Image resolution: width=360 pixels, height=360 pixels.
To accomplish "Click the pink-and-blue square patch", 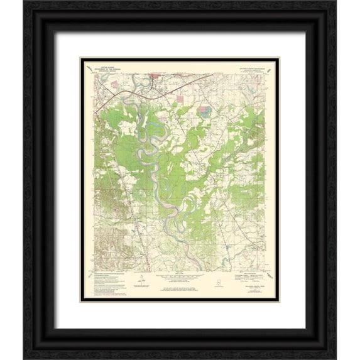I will tap(204, 111).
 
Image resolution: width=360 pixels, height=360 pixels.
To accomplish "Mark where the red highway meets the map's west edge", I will tap(95, 113).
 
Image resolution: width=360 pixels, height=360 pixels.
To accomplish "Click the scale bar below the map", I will tap(179, 275).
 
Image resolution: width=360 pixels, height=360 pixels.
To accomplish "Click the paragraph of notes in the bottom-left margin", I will tap(109, 283).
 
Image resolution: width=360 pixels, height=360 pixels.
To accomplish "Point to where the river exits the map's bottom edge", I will tap(200, 270).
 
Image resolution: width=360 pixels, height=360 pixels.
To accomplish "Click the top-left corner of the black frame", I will tap(25, 25).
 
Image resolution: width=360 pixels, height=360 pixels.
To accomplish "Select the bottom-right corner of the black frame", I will tap(335, 335).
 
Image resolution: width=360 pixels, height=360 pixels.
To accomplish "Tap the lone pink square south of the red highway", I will tap(180, 99).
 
